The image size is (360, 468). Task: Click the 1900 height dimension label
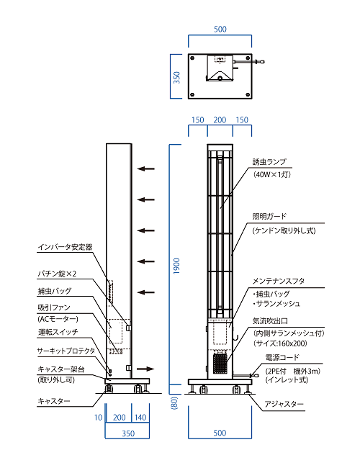pos(176,266)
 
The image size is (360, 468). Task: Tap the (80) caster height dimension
pos(175,403)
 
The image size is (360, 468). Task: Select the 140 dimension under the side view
pos(140,418)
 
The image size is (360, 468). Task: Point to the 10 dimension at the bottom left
pos(98,418)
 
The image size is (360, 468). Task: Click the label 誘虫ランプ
pos(269,162)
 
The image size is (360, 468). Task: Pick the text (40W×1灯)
pos(272,174)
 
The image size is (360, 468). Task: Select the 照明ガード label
pos(269,216)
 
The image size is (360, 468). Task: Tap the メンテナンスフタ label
pos(279,281)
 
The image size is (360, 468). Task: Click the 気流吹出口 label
pos(270,321)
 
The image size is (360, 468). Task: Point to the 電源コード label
pos(282,357)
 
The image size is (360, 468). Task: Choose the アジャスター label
pos(284,404)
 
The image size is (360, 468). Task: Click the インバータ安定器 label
pos(65,247)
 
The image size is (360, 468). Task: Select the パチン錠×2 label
pos(57,274)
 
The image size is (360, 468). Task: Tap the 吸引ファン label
pos(54,307)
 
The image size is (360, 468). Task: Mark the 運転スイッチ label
pos(58,332)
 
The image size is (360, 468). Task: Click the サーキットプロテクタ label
pos(66,351)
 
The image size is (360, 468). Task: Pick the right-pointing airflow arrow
pos(145,369)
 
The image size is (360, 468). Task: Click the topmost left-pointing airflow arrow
pos(145,169)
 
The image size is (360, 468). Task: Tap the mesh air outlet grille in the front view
pos(220,363)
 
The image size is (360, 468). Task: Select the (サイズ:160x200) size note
pos(280,343)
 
